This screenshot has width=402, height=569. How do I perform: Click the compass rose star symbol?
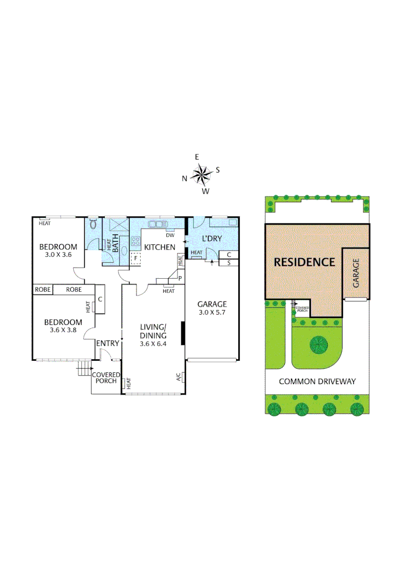pos(201,173)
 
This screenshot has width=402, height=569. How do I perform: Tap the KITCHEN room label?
pos(160,247)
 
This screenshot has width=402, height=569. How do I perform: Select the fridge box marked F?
pos(136,259)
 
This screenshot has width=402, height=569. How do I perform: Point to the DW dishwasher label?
pos(170,236)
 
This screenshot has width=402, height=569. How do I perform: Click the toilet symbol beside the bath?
pos(93,225)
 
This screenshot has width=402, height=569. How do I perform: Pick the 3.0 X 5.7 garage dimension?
pos(212,313)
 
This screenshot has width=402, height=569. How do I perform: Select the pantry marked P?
pos(180,278)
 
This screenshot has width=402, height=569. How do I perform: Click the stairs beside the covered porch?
pos(83,369)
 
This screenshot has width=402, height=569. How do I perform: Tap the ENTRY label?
pos(107,344)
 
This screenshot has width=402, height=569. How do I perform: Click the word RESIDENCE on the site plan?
pos(303,262)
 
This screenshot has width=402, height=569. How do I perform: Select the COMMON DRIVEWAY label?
pos(317,381)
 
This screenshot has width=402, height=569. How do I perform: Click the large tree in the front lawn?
pos(318,345)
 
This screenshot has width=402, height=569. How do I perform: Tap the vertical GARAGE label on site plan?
pos(356,272)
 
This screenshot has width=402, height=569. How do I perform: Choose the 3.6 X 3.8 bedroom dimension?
pos(63,331)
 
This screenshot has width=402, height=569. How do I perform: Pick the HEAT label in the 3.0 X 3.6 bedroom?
pos(44,223)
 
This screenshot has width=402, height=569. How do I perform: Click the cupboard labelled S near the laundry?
pos(228,262)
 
